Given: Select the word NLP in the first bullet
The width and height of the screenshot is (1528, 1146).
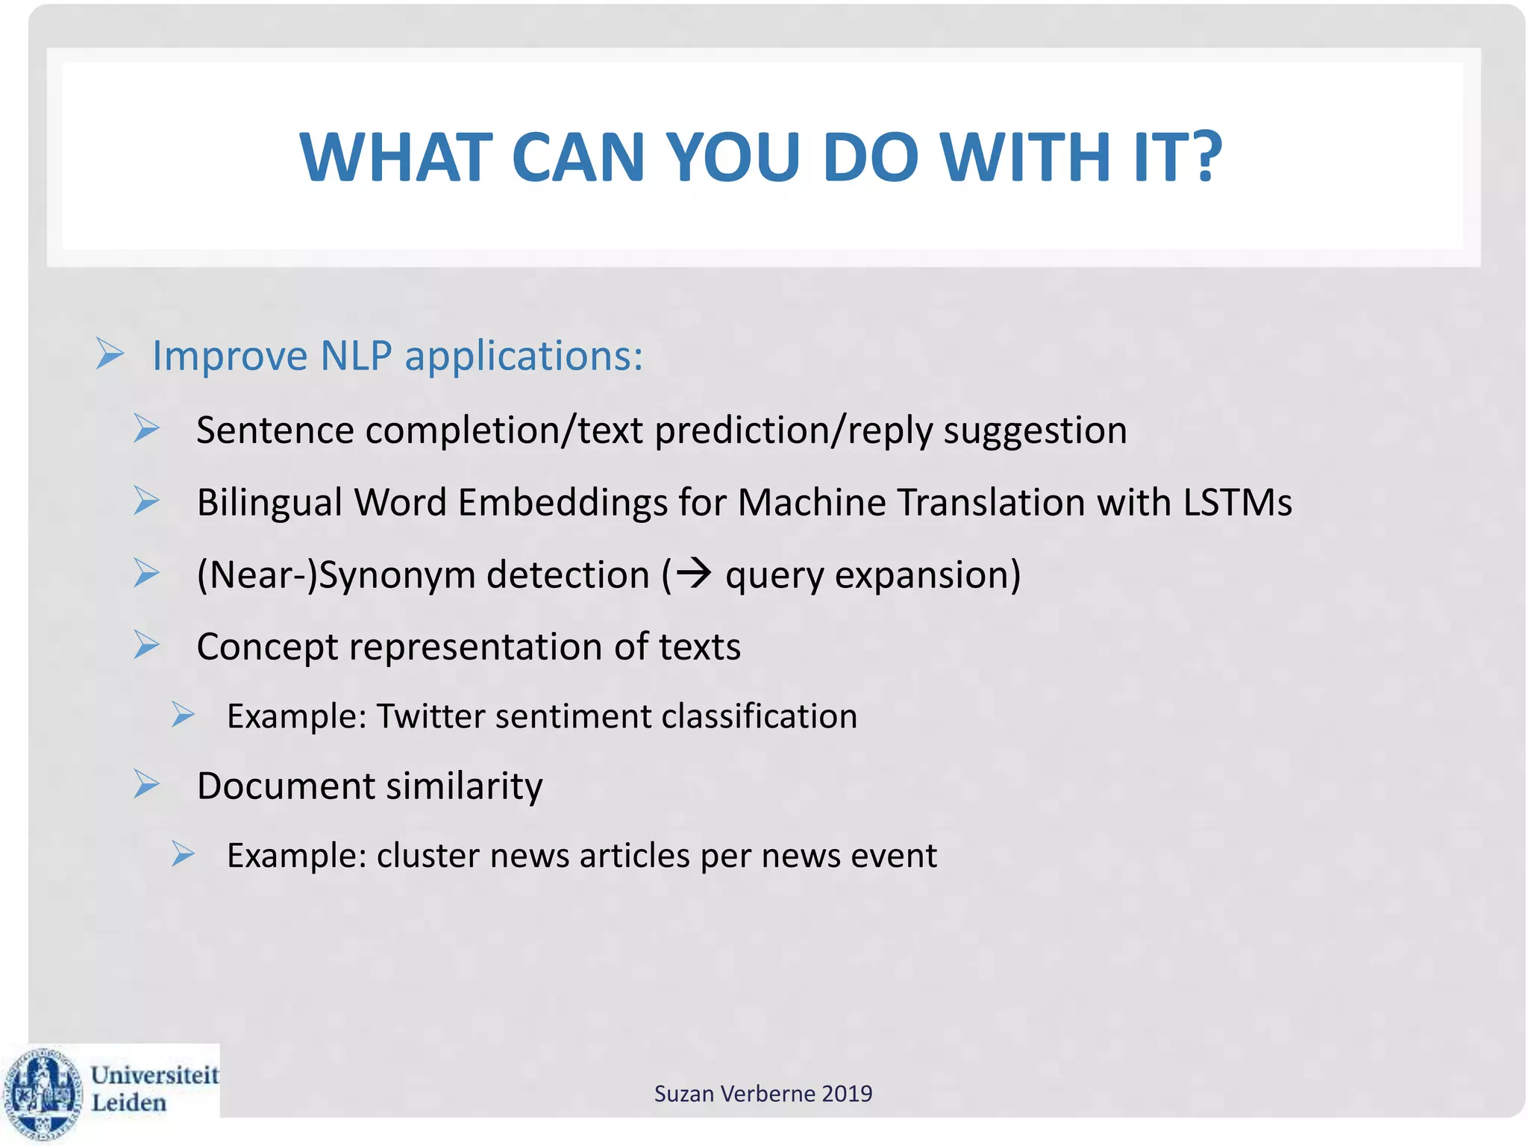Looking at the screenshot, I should pyautogui.click(x=356, y=356).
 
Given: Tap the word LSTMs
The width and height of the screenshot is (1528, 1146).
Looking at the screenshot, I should pyautogui.click(x=1238, y=502).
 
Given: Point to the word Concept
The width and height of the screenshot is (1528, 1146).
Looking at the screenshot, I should pyautogui.click(x=267, y=647).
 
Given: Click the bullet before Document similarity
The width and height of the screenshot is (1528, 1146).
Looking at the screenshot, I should pyautogui.click(x=147, y=784).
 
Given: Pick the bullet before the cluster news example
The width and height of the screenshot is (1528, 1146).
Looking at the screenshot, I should pyautogui.click(x=183, y=854).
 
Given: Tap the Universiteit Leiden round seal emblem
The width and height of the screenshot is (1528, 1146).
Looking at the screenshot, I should pyautogui.click(x=43, y=1092).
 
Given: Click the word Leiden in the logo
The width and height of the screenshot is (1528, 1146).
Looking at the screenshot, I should pyautogui.click(x=128, y=1103).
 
